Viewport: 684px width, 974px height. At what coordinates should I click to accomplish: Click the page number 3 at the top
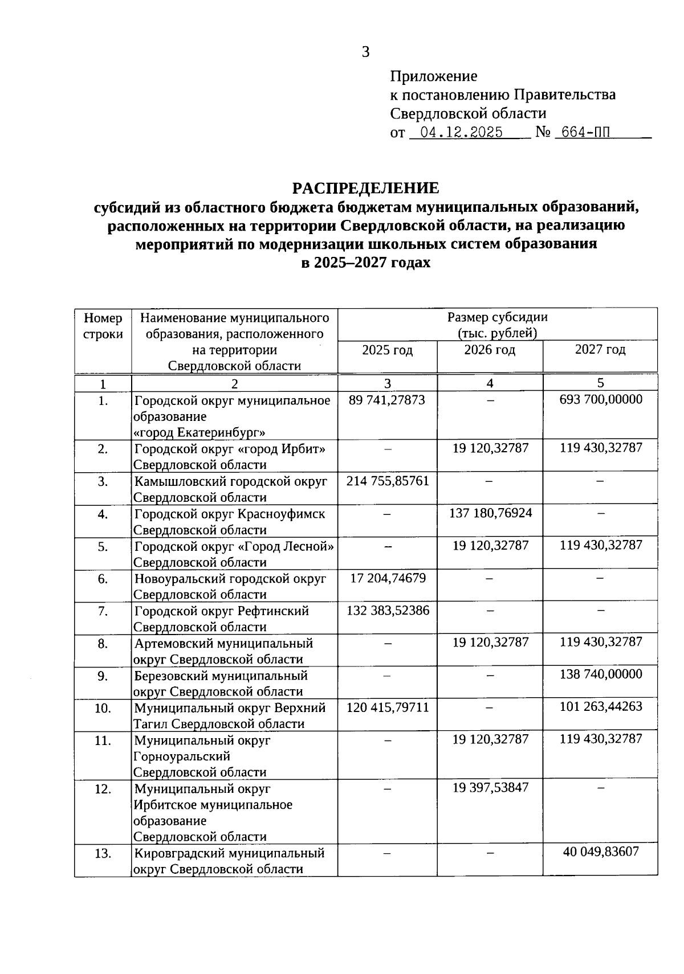coord(365,52)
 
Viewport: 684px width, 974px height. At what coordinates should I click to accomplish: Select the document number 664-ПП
coord(585,133)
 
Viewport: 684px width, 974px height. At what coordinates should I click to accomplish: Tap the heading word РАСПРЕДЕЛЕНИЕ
coord(365,188)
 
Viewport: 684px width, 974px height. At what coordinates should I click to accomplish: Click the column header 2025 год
coord(387,350)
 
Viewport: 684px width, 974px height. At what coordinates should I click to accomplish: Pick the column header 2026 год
coord(490,350)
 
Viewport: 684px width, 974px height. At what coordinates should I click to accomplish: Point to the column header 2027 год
coord(600,350)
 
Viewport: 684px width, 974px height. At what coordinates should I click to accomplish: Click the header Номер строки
coord(103,326)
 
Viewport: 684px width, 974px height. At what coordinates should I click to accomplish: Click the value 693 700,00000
coord(601,399)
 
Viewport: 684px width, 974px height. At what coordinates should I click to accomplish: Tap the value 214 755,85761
coord(387,481)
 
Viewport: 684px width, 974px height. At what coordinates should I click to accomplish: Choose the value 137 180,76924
coord(490,513)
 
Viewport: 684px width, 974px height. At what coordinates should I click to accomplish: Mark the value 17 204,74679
coord(388,579)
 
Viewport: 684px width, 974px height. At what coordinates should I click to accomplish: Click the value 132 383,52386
coord(388,611)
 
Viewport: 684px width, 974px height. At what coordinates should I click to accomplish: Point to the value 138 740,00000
coord(601,674)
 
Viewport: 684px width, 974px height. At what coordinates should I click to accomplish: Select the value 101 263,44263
coord(601,707)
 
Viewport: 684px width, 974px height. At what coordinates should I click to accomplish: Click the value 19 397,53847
coord(490,788)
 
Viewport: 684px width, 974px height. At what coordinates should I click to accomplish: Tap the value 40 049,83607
coord(601,852)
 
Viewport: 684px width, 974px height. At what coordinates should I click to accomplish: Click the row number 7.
coord(103,611)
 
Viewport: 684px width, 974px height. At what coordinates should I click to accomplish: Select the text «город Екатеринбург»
coord(199,432)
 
